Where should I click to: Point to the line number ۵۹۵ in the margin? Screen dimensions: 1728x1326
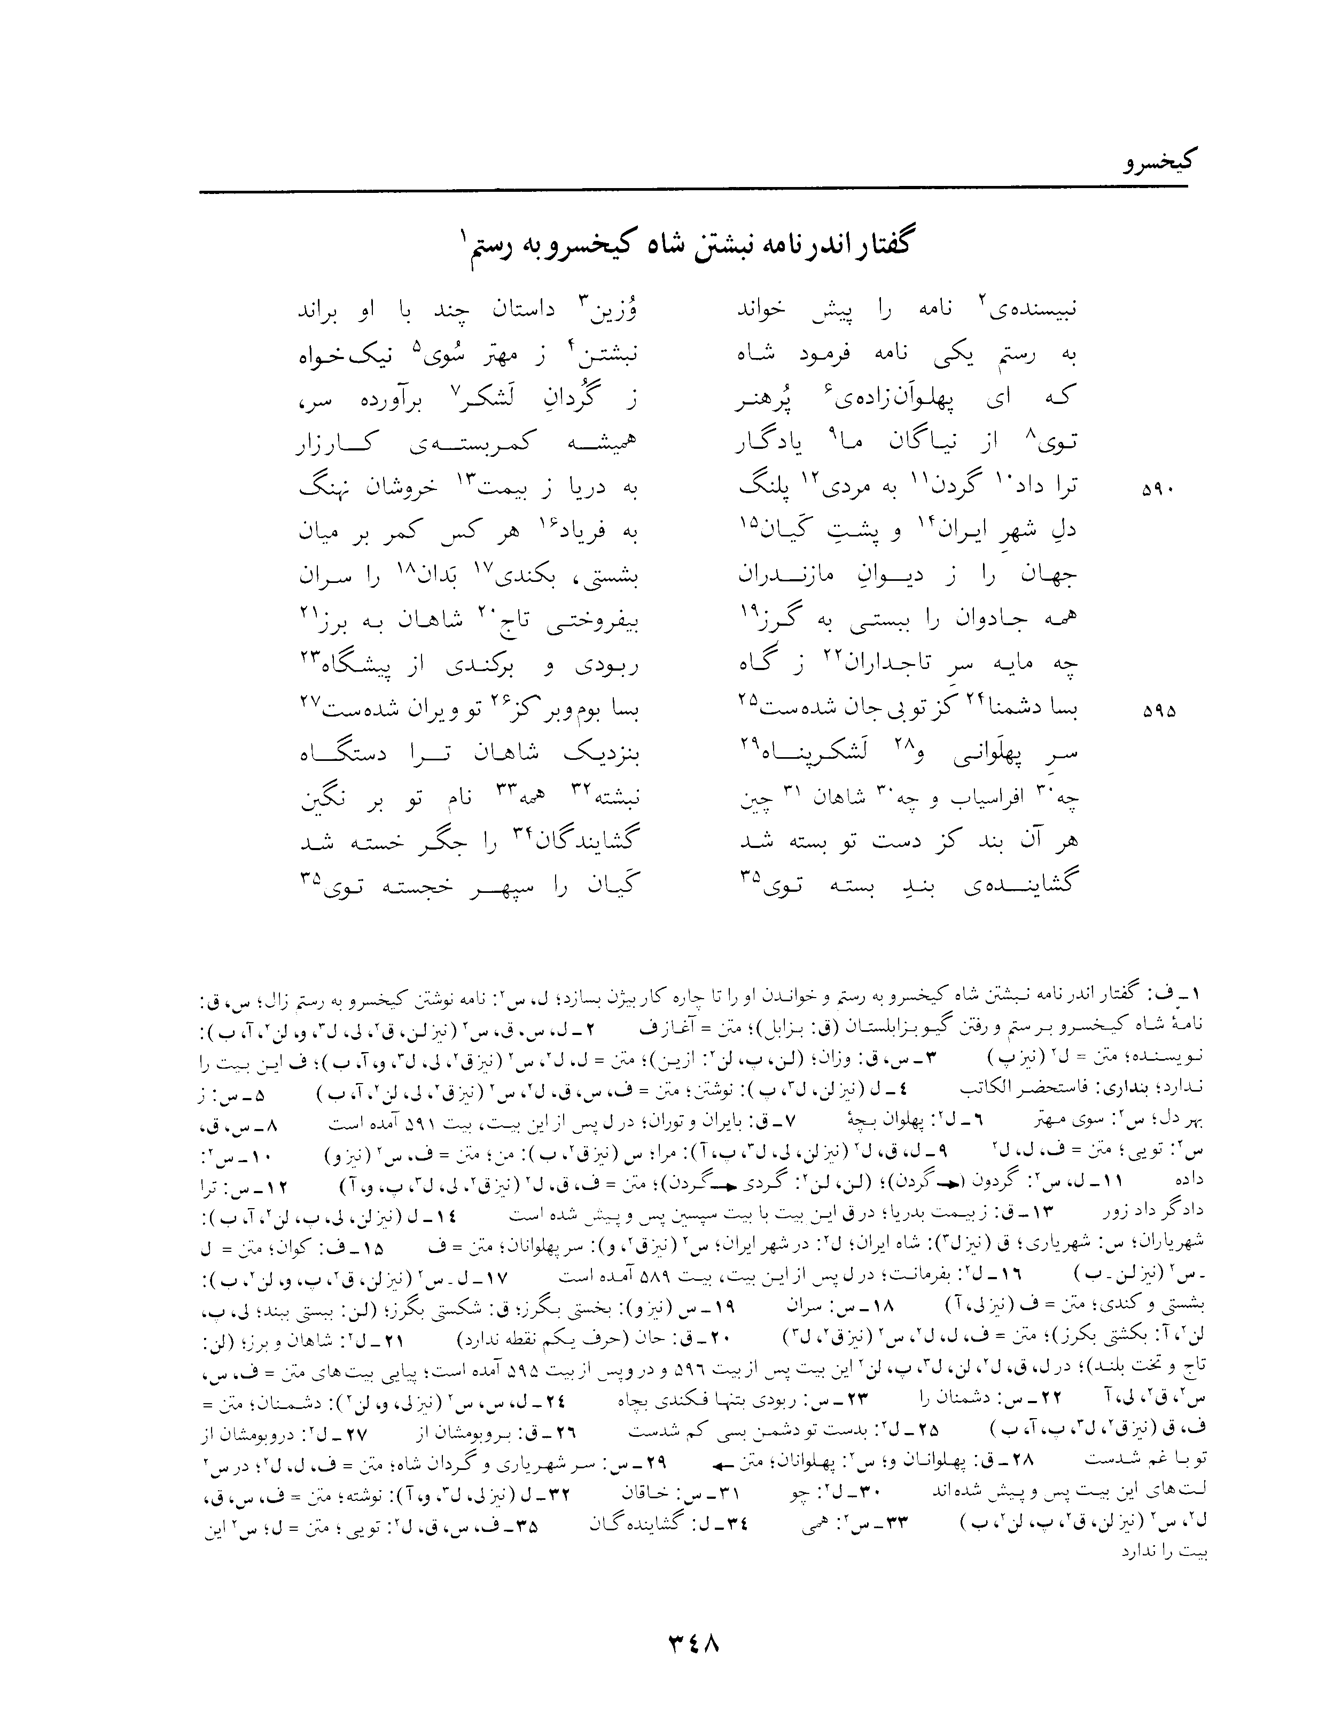[x=1158, y=711]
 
